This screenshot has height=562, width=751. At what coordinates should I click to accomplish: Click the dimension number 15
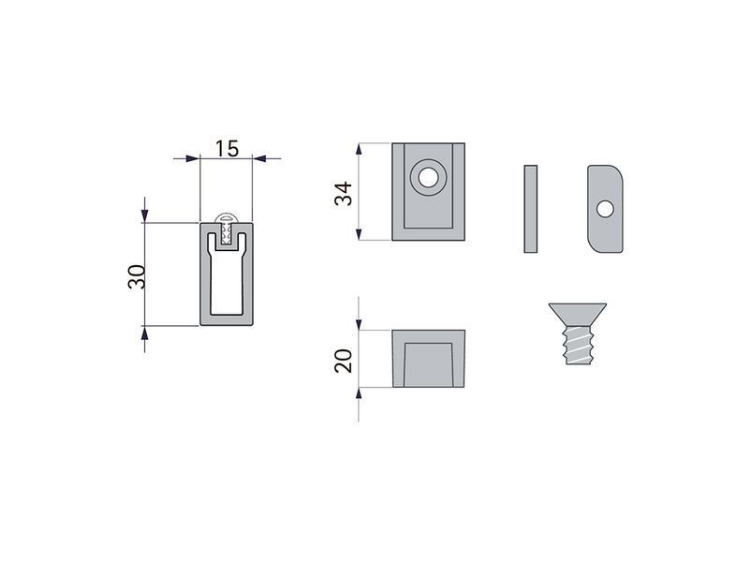(x=227, y=149)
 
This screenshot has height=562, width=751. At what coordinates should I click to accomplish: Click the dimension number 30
(x=137, y=276)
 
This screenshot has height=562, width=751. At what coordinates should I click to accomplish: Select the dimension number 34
(x=343, y=194)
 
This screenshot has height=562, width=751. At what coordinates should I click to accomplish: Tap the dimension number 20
(x=343, y=361)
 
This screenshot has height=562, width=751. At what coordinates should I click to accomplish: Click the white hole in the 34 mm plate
(x=428, y=177)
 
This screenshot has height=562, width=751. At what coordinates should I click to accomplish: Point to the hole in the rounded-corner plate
(x=605, y=209)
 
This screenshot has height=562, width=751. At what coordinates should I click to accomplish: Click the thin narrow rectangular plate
(x=530, y=209)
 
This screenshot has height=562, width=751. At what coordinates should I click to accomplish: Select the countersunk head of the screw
(x=578, y=315)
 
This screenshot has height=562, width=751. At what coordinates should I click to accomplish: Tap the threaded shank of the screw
(x=579, y=345)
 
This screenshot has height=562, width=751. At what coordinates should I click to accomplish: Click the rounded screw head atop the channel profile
(x=226, y=217)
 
